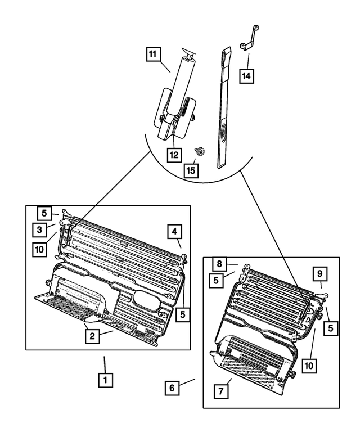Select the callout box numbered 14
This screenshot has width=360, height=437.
click(246, 74)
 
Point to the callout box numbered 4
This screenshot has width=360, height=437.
click(175, 231)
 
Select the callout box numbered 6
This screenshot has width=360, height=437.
click(173, 388)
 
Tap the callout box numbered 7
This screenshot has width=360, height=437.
click(222, 390)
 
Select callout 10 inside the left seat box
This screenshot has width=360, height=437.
click(39, 249)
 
